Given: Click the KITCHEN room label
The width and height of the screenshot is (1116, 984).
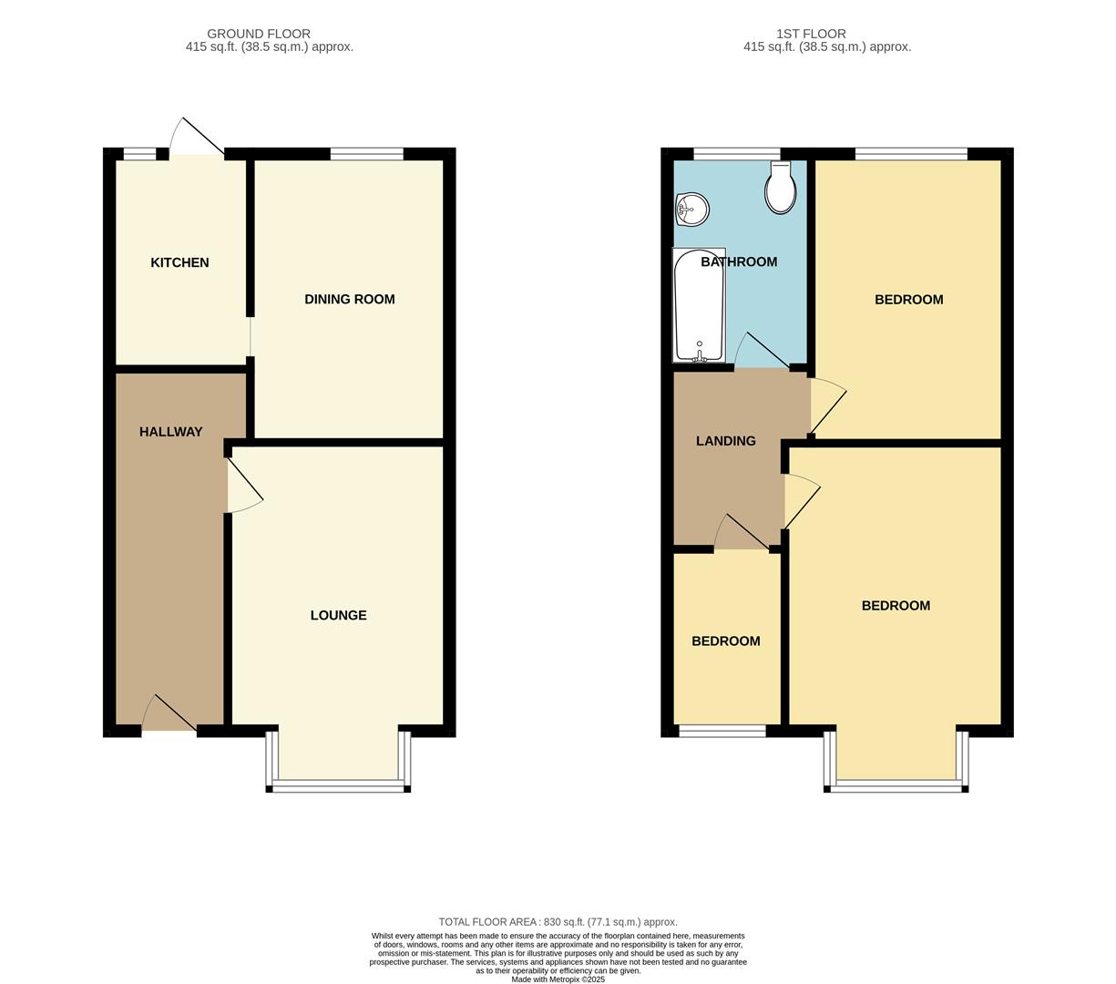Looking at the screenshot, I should point(179,262).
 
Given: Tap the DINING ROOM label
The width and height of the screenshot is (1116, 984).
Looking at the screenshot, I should point(349,299).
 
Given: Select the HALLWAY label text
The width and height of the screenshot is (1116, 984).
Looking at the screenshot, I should point(170,432).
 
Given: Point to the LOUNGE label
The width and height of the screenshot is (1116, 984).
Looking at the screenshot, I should point(338,615).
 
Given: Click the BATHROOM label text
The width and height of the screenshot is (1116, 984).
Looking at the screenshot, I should point(739,261).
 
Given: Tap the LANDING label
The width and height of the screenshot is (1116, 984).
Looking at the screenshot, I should point(725,441).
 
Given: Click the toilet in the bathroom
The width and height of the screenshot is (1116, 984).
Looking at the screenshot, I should point(780,188).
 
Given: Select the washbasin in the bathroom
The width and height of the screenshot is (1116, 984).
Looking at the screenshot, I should point(692,210).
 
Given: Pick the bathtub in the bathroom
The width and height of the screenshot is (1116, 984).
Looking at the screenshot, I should point(699,305).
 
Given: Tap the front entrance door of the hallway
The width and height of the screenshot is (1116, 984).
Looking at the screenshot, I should point(171,715).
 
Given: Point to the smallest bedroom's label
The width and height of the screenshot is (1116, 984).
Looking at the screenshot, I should point(725,641).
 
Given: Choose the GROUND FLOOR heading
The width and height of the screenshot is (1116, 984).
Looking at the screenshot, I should point(259,34).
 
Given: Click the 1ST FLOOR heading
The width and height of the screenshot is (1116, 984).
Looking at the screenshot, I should point(811,34).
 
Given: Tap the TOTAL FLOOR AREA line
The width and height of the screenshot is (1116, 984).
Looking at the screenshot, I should point(558,922).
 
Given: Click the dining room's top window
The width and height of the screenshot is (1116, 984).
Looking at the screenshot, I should point(366,154).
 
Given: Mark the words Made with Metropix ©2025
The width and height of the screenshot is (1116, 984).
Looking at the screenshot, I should point(558,979).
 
